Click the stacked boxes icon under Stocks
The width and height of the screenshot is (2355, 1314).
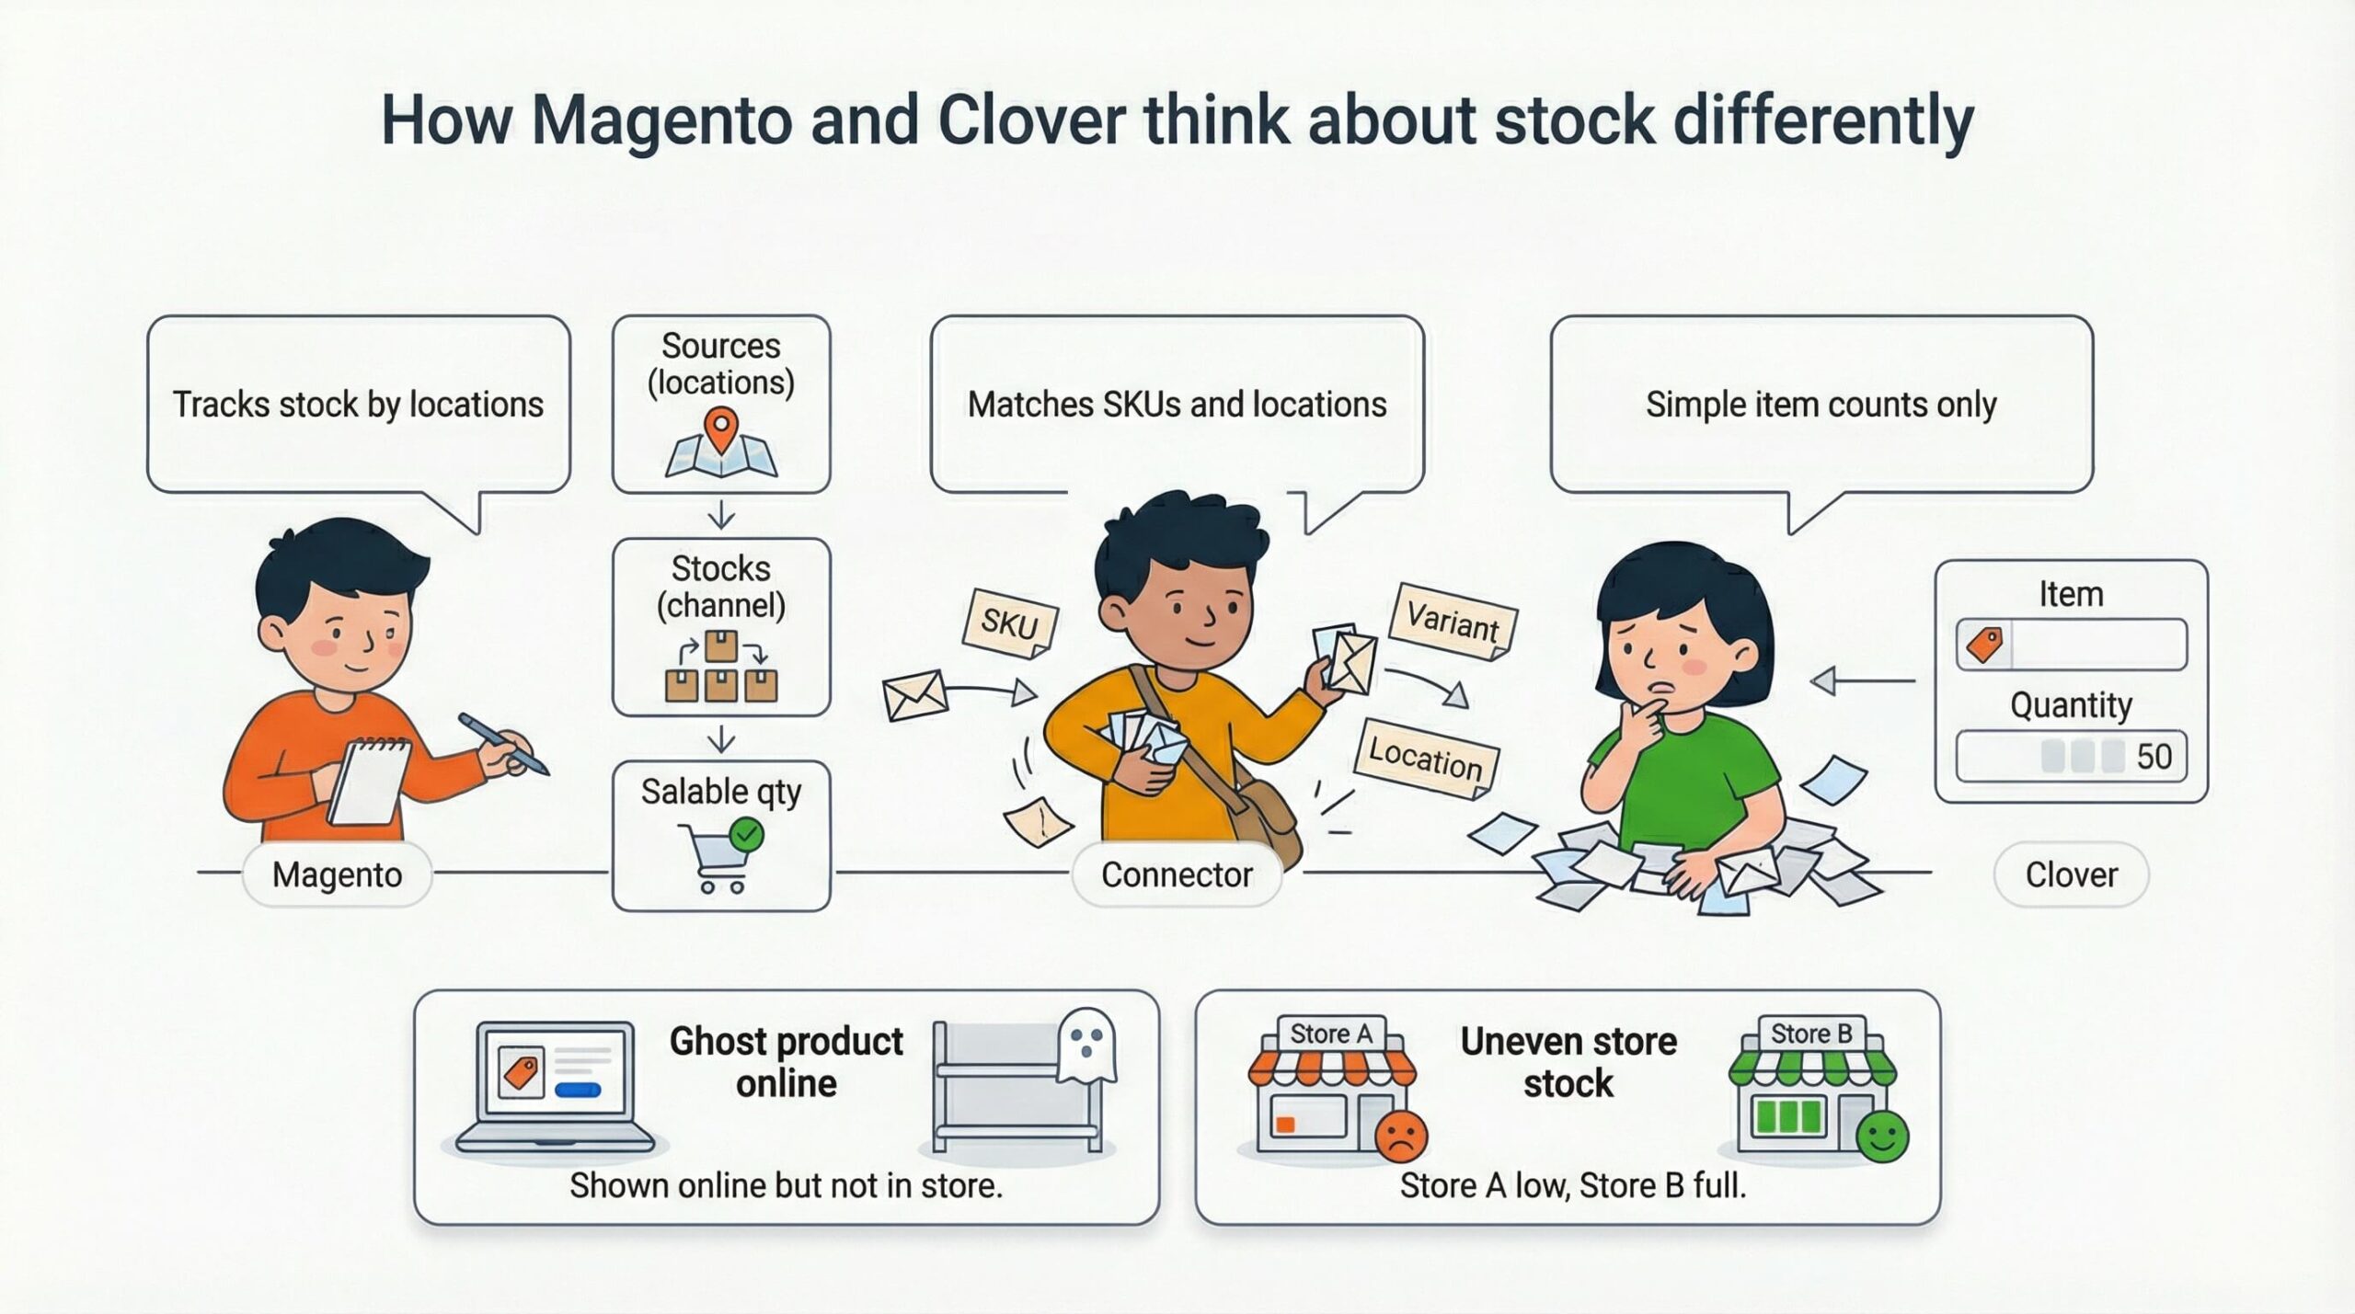[721, 667]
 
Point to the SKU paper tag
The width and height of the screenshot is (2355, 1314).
[1010, 624]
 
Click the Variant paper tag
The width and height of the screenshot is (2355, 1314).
[1453, 623]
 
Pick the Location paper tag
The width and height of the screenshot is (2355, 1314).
[1426, 758]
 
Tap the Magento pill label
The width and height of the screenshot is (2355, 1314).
[337, 874]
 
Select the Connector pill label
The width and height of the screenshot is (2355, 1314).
[1177, 874]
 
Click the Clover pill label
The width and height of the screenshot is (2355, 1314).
[2072, 874]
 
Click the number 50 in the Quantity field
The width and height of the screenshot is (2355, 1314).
[2154, 757]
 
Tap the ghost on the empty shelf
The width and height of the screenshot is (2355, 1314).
[1086, 1045]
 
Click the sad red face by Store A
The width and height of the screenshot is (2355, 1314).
[1401, 1136]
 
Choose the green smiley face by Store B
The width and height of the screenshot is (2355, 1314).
[1882, 1136]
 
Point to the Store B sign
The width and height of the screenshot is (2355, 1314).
[1811, 1034]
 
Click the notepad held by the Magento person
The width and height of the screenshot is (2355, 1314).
[370, 783]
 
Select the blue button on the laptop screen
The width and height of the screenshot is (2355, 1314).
[578, 1091]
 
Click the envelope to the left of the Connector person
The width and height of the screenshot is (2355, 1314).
[914, 694]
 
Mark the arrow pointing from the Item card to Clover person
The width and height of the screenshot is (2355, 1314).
[1863, 681]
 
